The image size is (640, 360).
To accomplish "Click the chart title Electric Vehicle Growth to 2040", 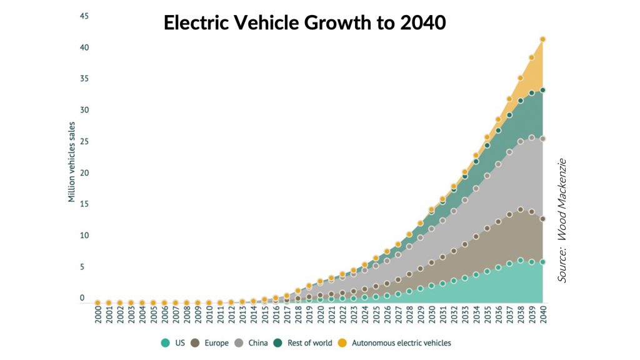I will click(304, 22).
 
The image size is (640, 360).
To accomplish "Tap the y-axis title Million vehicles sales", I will click(72, 162).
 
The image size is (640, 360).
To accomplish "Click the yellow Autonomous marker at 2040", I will click(543, 39).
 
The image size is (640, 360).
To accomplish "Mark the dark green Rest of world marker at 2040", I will click(543, 90).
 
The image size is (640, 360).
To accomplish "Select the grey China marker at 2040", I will click(543, 139).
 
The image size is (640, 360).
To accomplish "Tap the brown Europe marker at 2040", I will click(543, 219).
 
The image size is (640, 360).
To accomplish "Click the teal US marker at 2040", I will click(543, 262).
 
